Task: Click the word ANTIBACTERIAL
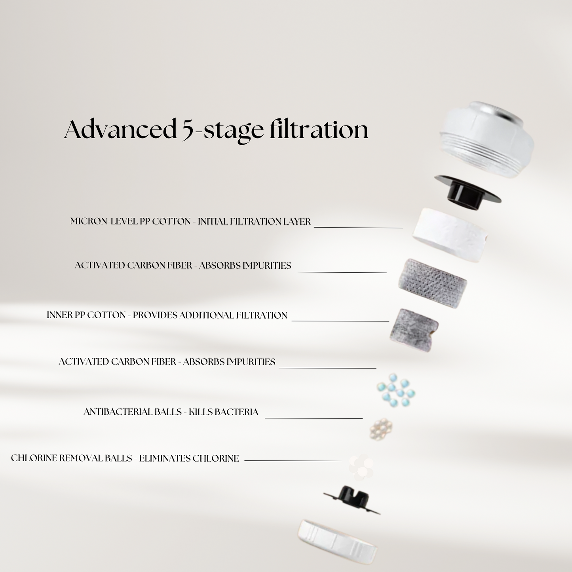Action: (x=132, y=412)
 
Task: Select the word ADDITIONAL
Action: (x=206, y=315)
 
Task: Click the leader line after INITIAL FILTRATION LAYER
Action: (x=358, y=228)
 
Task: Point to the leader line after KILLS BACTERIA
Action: (x=314, y=418)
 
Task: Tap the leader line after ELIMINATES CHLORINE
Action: (x=293, y=461)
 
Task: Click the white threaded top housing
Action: (x=487, y=139)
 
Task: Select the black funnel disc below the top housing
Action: (x=467, y=192)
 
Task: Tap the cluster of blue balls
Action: (x=396, y=390)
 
